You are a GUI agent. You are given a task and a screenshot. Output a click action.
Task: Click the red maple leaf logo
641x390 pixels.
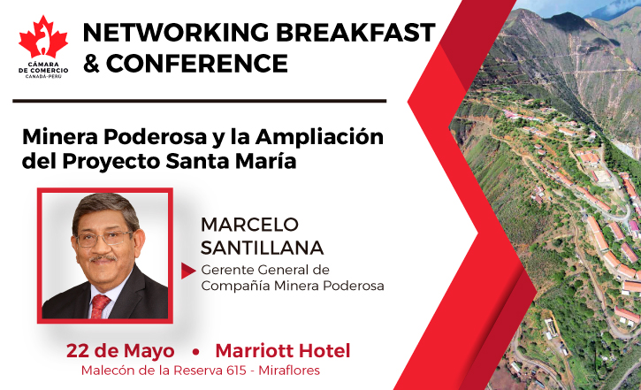(43, 38)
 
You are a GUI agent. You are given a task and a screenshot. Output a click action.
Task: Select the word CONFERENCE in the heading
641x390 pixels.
(197, 64)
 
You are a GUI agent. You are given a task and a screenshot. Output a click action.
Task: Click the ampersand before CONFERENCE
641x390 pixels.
(91, 64)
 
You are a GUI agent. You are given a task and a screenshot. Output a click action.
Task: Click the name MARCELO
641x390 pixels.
(250, 225)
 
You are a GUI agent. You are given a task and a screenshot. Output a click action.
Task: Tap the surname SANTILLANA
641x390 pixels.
(262, 248)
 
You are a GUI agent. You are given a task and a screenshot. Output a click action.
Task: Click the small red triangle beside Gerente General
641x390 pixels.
(188, 271)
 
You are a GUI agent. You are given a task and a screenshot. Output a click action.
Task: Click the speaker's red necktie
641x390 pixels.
(100, 306)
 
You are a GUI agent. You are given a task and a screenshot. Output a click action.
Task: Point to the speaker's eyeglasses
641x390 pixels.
(103, 239)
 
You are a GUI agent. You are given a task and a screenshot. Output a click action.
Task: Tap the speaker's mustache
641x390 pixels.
(103, 258)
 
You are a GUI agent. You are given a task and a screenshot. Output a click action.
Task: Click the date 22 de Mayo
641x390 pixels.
(120, 351)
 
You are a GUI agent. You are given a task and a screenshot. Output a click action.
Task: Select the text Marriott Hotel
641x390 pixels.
(283, 351)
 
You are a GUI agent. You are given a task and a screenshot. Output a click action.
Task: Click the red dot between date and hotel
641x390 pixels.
(195, 352)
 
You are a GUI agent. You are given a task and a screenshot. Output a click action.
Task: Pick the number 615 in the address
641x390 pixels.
(237, 371)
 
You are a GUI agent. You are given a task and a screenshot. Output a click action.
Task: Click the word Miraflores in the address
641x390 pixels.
(289, 371)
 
